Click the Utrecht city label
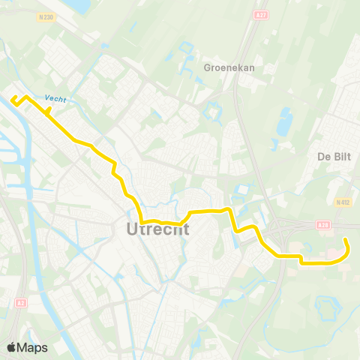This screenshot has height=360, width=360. click(154, 229)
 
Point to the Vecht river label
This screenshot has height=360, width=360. click(55, 98)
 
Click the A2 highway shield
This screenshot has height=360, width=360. click(20, 303)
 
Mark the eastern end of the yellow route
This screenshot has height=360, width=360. click(346, 240)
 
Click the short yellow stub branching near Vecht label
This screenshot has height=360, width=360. click(49, 111)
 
